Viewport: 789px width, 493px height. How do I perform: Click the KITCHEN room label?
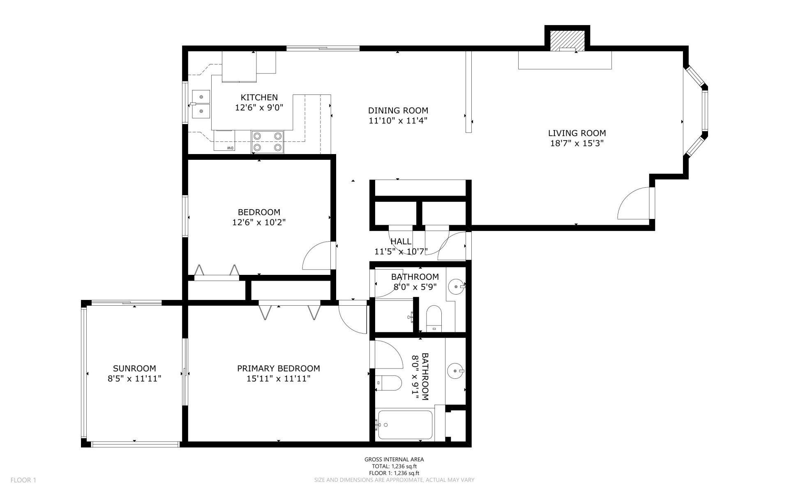pyautogui.click(x=259, y=97)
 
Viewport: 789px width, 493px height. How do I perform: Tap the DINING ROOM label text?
pyautogui.click(x=398, y=111)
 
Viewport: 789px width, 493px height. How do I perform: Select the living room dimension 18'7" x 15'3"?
pyautogui.click(x=577, y=143)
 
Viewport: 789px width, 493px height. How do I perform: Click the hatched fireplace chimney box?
pyautogui.click(x=568, y=40)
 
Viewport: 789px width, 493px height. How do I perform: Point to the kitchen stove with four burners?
pyautogui.click(x=268, y=141)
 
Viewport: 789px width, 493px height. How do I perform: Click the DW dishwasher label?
pyautogui.click(x=230, y=148)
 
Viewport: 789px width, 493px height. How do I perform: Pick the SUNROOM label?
pyautogui.click(x=134, y=369)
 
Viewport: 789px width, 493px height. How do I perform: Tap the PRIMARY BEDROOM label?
pyautogui.click(x=278, y=369)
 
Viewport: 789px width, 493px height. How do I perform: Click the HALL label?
pyautogui.click(x=401, y=242)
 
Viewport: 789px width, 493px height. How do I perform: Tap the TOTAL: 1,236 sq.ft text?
pyautogui.click(x=394, y=466)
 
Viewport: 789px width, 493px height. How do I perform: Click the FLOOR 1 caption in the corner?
pyautogui.click(x=23, y=480)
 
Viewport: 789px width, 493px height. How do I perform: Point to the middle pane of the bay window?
pyautogui.click(x=705, y=110)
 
